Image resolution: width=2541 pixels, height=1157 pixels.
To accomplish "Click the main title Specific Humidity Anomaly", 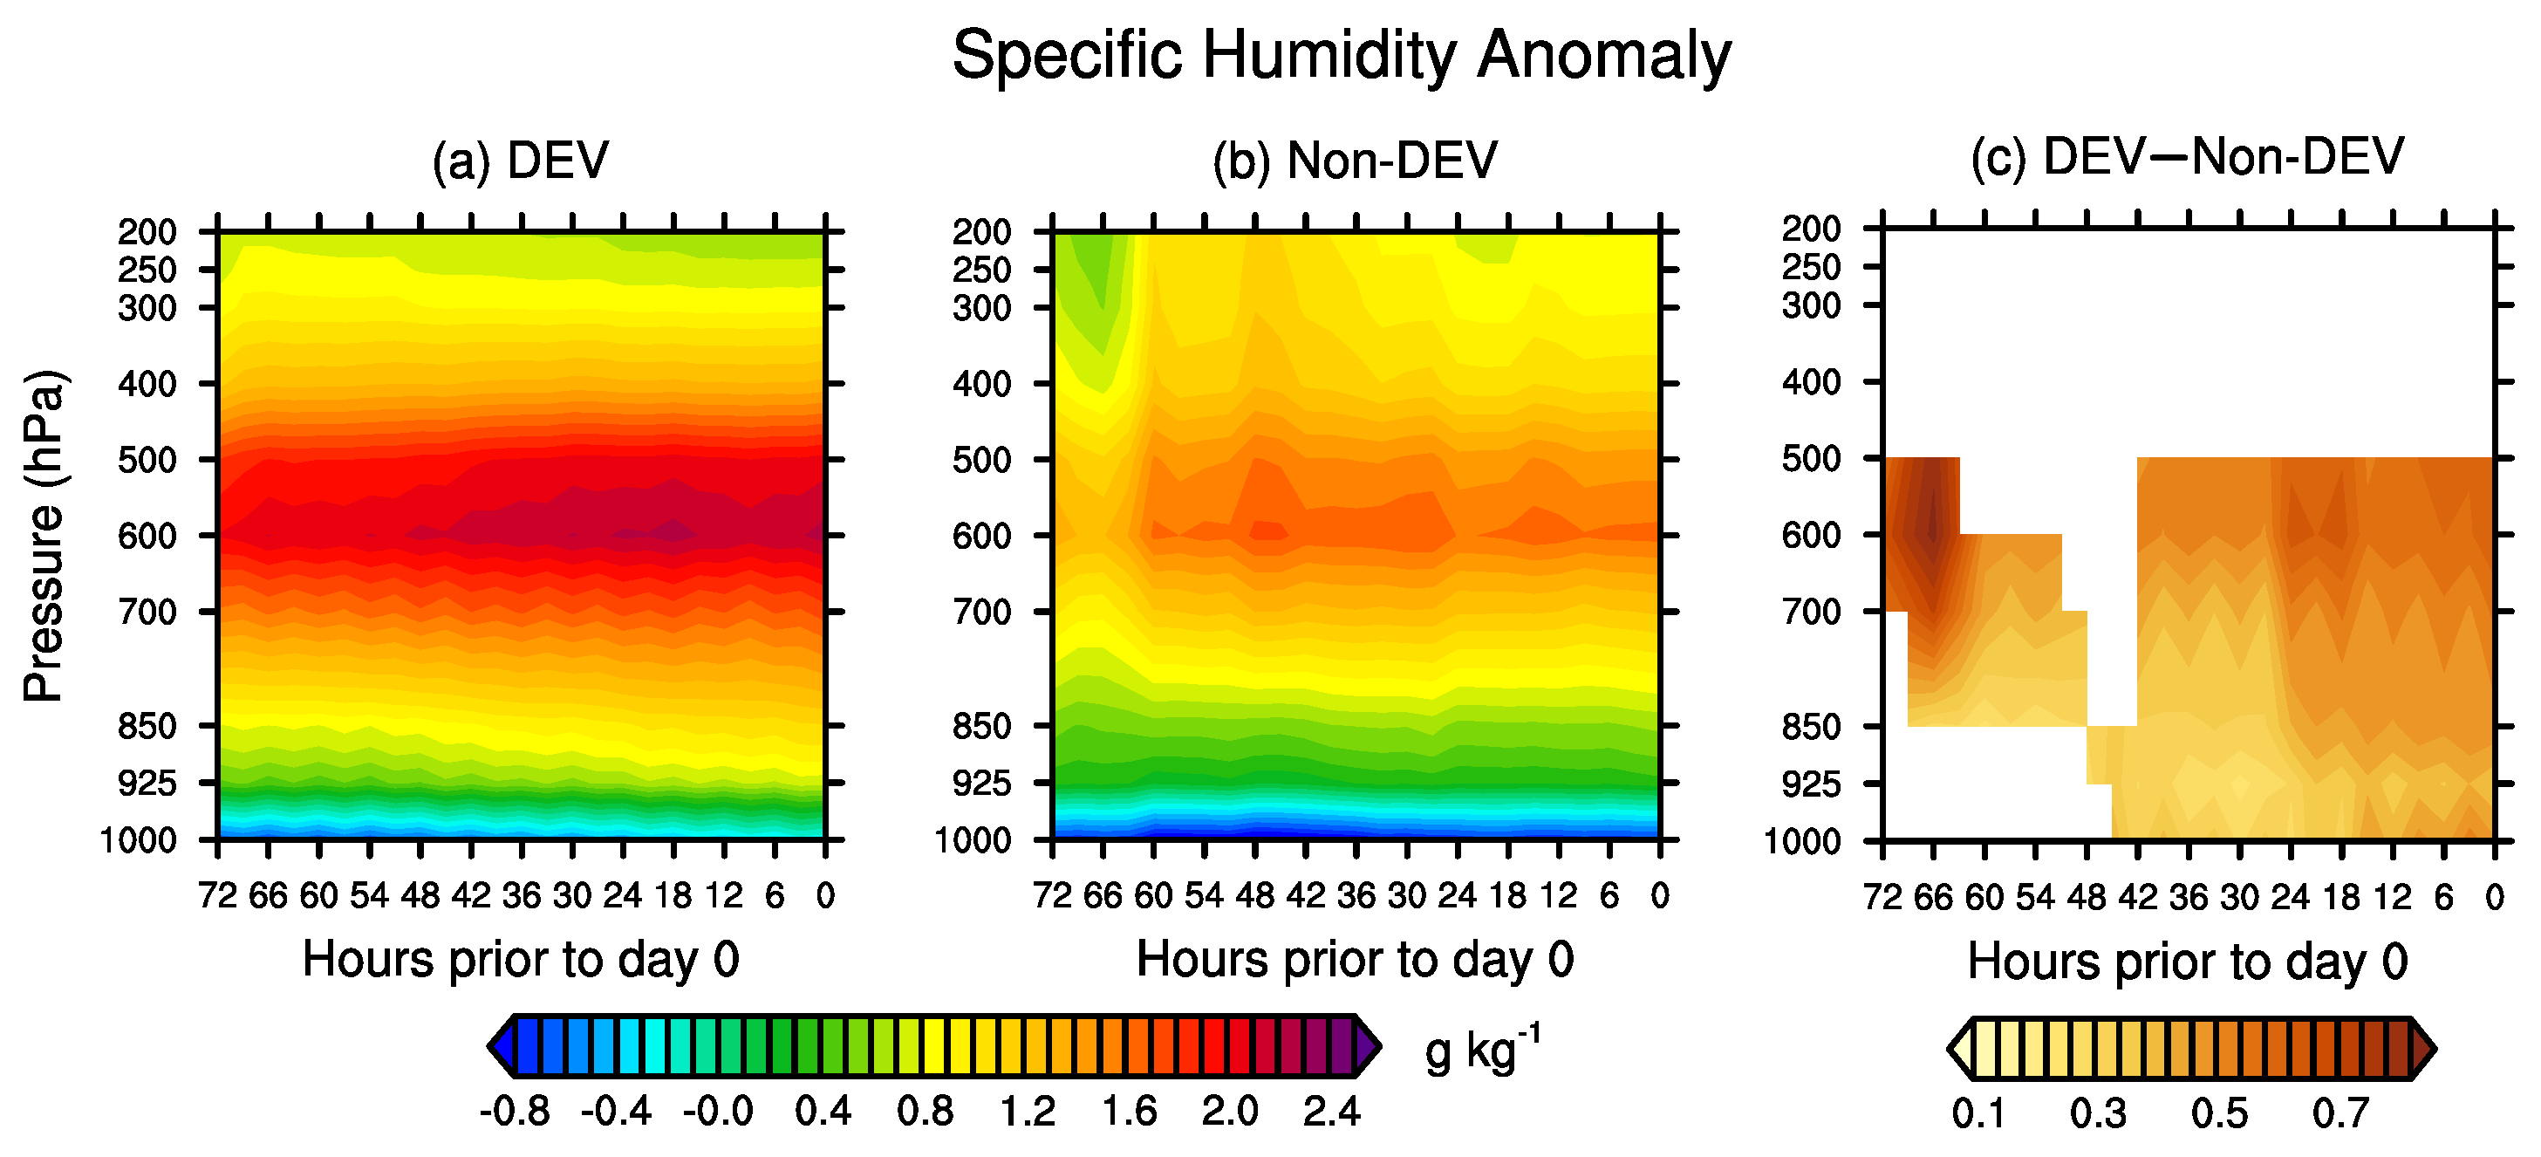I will [1342, 55].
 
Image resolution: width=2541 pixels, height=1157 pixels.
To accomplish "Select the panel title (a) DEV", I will [521, 160].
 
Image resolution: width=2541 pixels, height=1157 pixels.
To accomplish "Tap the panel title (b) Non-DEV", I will [1356, 160].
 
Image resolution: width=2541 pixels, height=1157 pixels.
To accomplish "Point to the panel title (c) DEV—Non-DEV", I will [2187, 158].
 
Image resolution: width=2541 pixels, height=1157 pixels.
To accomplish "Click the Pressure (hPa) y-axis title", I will [45, 536].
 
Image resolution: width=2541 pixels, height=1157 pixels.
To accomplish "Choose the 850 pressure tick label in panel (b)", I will [981, 727].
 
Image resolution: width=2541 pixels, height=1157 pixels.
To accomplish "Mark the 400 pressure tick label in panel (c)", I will [1811, 383].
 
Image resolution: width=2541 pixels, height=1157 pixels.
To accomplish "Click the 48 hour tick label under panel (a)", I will [420, 895].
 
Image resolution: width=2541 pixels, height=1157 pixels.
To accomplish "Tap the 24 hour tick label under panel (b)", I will [1457, 895].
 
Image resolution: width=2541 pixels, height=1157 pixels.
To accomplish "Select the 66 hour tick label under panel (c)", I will [1933, 898].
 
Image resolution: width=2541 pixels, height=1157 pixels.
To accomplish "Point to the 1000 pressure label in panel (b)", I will [973, 841].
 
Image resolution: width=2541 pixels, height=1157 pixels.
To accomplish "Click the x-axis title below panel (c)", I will [2188, 961].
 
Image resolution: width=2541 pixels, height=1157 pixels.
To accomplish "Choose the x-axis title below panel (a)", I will [521, 959].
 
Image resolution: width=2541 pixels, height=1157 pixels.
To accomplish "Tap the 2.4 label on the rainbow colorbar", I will [1332, 1112].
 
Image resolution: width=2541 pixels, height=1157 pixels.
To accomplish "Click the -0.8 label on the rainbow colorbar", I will [515, 1112].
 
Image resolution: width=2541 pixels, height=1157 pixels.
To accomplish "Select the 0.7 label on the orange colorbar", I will [2340, 1113].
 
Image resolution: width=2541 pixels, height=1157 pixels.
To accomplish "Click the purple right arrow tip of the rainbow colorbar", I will [1370, 1046].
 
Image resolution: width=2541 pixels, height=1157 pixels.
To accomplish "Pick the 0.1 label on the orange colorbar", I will [1978, 1113].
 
